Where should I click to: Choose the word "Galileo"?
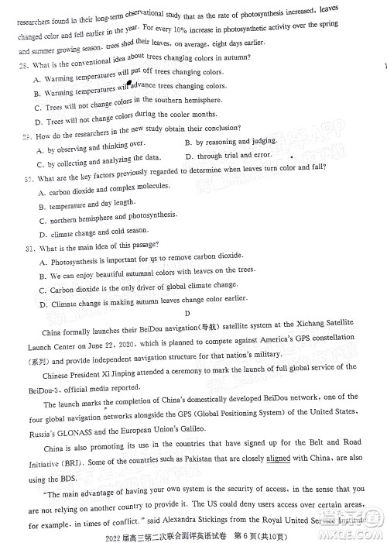point(228,428)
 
